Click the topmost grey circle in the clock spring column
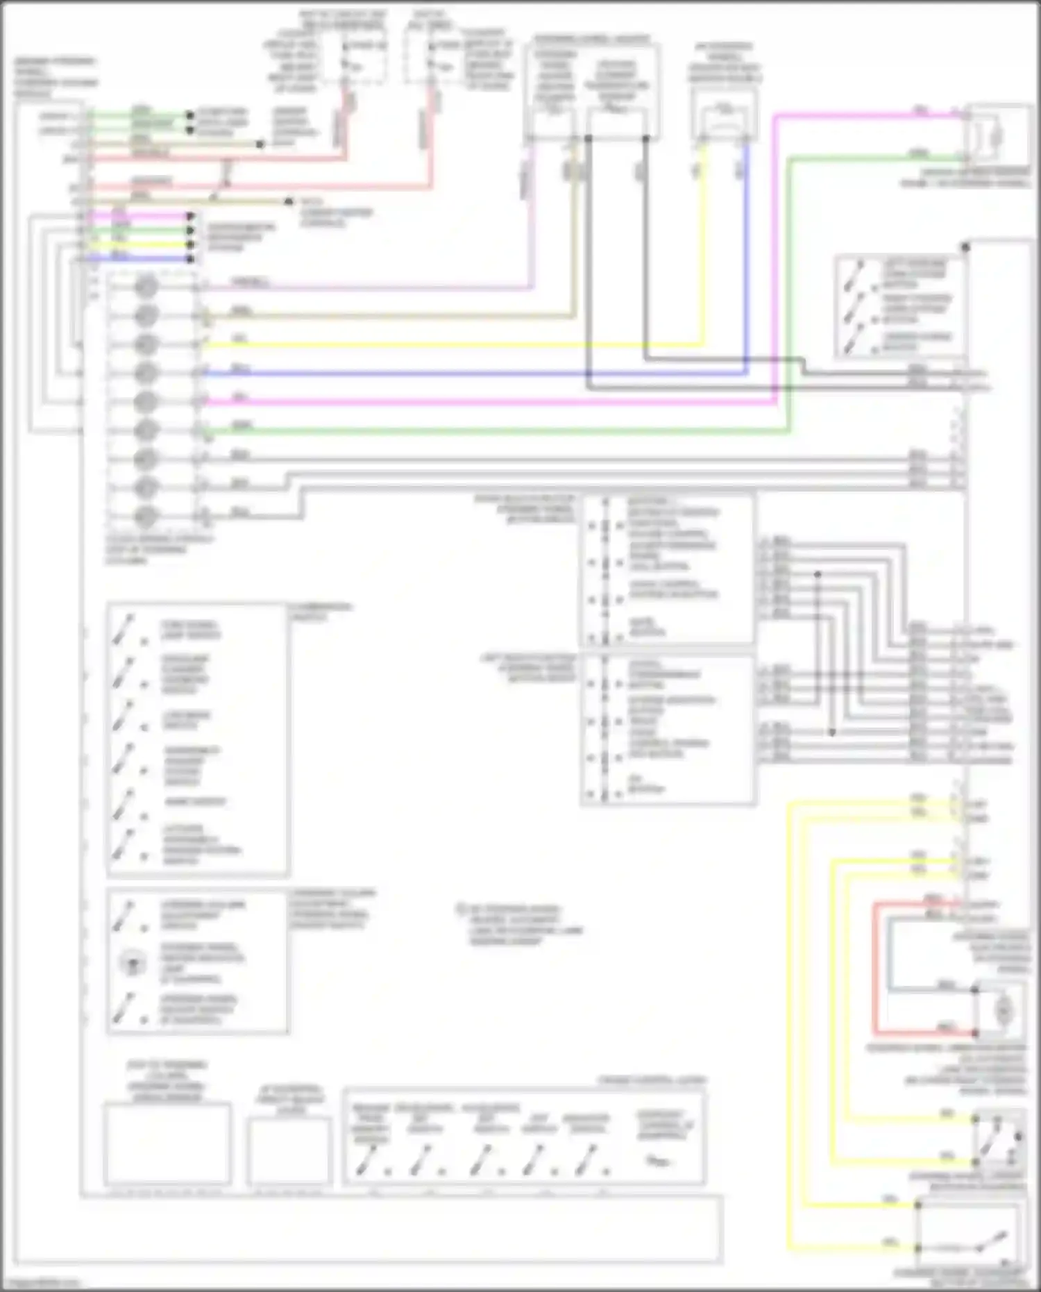click(x=146, y=286)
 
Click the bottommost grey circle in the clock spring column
click(x=146, y=517)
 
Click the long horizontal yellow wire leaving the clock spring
click(x=451, y=345)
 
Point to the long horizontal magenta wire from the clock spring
click(x=486, y=402)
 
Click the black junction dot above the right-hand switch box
click(x=965, y=247)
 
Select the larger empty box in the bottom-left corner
click(x=167, y=1143)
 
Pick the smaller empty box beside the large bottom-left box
click(x=288, y=1150)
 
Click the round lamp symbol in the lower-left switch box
click(x=130, y=963)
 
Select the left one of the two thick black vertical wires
click(x=589, y=264)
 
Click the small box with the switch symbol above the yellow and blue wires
click(x=725, y=118)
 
